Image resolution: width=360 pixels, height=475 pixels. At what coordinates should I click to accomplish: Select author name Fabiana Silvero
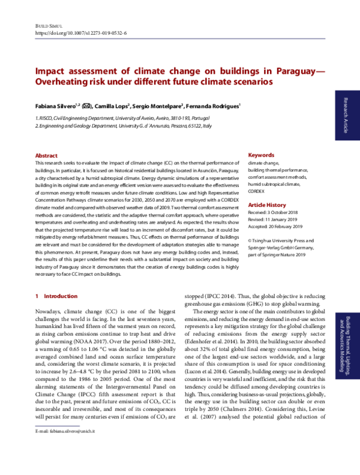[56, 106]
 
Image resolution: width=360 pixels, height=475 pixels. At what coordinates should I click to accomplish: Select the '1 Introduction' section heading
[56, 296]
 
